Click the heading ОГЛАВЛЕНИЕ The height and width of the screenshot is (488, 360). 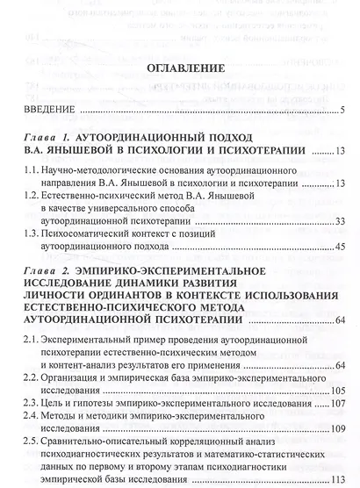pos(180,67)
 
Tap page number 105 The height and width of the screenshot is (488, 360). pos(335,389)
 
